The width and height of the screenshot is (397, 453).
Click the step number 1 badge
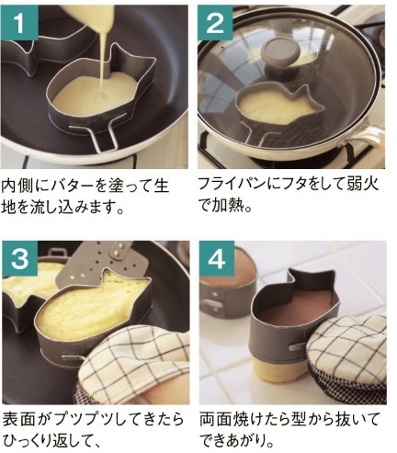pyautogui.click(x=18, y=22)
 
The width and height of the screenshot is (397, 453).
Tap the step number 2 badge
pyautogui.click(x=215, y=22)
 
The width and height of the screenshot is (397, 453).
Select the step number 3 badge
pyautogui.click(x=19, y=259)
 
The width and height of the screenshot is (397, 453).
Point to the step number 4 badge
pyautogui.click(x=217, y=259)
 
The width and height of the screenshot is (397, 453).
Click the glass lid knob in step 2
pyautogui.click(x=279, y=54)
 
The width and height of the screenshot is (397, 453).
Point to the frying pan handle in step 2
pyautogui.click(x=361, y=136)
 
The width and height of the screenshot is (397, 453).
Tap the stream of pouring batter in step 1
pyautogui.click(x=104, y=62)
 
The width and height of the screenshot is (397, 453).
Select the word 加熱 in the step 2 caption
pyautogui.click(x=229, y=206)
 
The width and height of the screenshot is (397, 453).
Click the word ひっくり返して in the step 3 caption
pyautogui.click(x=48, y=441)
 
